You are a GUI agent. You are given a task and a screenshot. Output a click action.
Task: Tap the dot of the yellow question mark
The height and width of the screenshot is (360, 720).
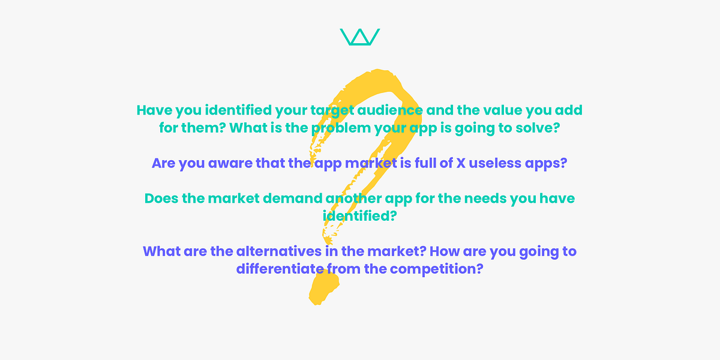click(324, 287)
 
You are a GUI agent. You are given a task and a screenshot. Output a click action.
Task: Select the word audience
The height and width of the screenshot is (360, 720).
click(390, 110)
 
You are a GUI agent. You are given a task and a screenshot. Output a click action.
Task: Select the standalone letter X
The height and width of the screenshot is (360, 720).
click(461, 163)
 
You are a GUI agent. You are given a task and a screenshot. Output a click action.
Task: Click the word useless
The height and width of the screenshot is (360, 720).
click(495, 163)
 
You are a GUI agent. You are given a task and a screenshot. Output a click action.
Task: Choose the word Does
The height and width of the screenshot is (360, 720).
click(161, 199)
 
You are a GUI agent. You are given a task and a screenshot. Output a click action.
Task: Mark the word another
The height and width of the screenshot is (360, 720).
click(353, 199)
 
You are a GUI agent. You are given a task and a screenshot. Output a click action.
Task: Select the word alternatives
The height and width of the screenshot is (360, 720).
click(279, 251)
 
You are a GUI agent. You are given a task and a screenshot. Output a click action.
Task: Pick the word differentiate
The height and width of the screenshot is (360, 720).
click(280, 269)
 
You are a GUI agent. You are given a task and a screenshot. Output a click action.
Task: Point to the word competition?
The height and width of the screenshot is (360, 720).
click(437, 269)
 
